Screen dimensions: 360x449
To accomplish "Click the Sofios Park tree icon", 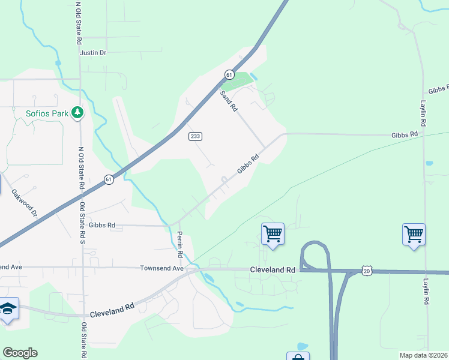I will (77, 113).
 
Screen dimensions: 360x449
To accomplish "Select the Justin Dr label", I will (93, 53).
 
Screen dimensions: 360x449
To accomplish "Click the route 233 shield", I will (194, 136).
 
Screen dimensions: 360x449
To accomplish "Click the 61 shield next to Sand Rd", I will (229, 74).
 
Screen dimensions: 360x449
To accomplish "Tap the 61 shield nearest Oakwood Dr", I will (108, 179).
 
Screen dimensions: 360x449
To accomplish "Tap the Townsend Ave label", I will (161, 268).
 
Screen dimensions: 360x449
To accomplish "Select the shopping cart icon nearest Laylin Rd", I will (414, 234).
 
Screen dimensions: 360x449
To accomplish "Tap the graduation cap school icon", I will (8, 308).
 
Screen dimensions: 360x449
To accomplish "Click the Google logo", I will (20, 353).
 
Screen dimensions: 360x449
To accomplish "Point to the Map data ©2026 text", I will (423, 355).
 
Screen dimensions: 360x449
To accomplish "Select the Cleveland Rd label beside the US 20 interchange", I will (273, 271).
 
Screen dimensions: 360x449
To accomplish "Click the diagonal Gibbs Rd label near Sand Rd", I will (247, 164).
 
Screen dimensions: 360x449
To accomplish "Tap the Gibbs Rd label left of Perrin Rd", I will (101, 226).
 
